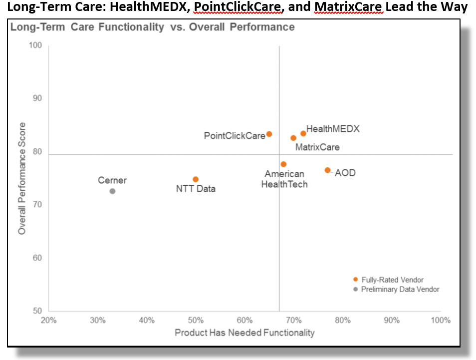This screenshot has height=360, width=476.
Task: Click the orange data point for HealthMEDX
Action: coord(303,133)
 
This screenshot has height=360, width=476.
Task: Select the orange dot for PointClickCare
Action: coord(269,134)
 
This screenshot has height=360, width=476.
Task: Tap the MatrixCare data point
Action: coord(293,138)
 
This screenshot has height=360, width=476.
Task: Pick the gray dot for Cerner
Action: coord(112,191)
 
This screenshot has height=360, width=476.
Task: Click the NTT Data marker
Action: coord(196,179)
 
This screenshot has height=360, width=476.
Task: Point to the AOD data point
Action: coord(327,170)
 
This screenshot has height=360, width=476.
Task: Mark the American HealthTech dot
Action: coord(283,164)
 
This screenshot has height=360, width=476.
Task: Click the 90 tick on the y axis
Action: coord(36,98)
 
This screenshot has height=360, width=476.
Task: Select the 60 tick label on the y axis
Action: coord(36,258)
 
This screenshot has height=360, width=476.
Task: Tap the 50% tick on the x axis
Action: coord(196,320)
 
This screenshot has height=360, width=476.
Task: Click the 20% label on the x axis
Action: coord(48,320)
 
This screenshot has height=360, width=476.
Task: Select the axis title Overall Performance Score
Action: coord(22,179)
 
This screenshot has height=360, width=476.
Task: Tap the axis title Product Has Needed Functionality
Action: coord(244,333)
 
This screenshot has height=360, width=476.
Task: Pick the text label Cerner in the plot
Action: coord(112,180)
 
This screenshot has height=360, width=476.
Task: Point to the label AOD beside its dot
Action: coord(345,173)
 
